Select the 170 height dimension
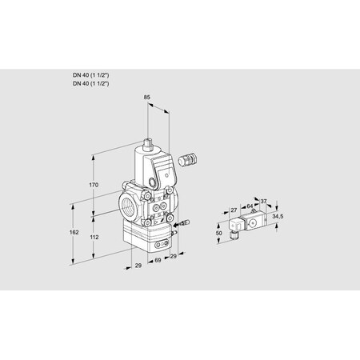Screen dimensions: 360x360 pos(94,185)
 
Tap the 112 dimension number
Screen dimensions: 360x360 pos(94,237)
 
